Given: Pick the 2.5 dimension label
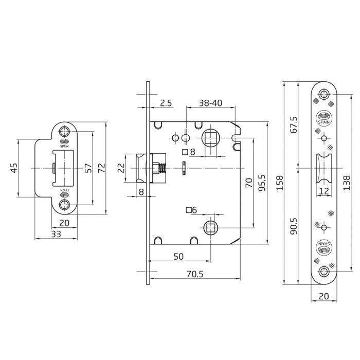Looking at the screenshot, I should pos(165,103).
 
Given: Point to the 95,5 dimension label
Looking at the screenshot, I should pos(261,183).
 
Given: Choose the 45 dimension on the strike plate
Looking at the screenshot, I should pos(14,168).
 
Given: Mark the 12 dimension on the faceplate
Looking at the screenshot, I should pos(324,191).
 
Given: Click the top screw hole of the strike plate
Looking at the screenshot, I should pos(65,131).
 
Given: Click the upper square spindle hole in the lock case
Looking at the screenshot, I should pos(211,138).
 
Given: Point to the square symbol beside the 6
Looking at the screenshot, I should pos(189,209).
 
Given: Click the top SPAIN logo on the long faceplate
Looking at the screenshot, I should pos(324,118).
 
